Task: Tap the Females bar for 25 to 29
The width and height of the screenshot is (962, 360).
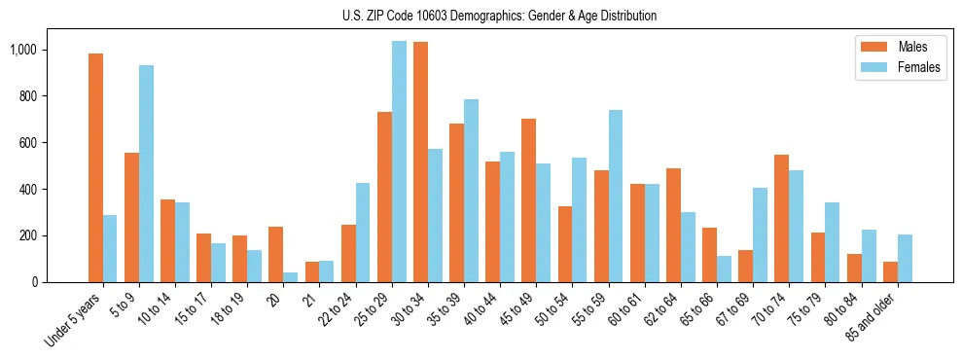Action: coord(399,162)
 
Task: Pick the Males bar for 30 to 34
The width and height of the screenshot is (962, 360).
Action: coord(420,162)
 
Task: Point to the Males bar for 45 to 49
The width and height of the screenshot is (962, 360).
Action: coord(528,200)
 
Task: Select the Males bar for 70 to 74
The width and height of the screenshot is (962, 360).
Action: coord(781,218)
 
